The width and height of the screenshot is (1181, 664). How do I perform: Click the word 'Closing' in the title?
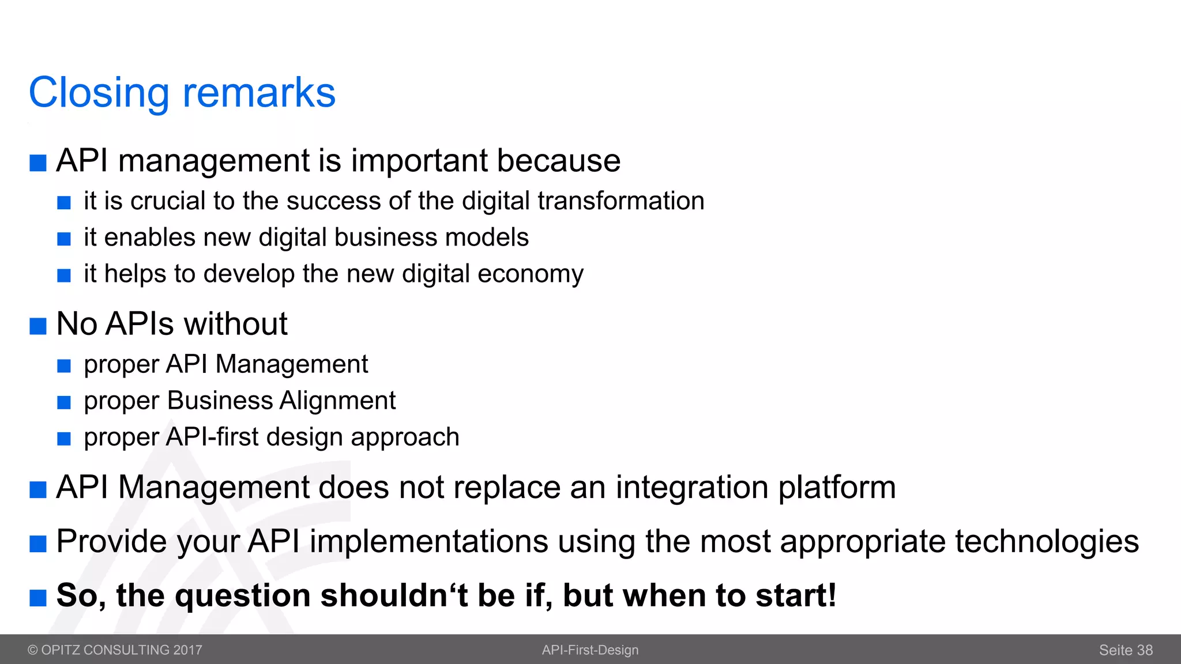pos(99,93)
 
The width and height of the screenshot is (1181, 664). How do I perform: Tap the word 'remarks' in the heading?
pos(259,93)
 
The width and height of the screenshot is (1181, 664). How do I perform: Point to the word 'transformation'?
pos(620,201)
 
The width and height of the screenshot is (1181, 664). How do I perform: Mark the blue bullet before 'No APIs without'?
pos(38,326)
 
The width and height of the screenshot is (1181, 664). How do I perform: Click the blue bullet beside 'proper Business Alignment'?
pos(64,402)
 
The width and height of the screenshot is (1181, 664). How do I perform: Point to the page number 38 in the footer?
pos(1145,650)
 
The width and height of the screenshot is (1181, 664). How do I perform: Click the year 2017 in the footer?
pos(187,650)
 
